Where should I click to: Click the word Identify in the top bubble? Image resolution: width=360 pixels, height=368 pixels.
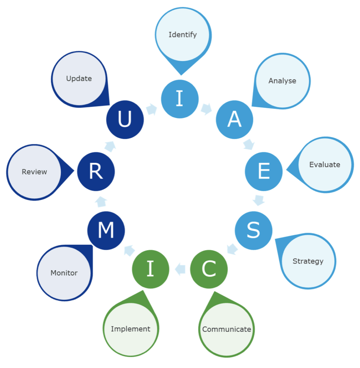click(x=183, y=35)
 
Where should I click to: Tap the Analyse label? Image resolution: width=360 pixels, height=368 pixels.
click(x=282, y=81)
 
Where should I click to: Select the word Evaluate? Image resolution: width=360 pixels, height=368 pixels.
click(x=324, y=165)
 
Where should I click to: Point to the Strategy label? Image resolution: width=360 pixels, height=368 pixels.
click(x=308, y=261)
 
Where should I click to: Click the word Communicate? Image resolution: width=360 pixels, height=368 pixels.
click(x=226, y=329)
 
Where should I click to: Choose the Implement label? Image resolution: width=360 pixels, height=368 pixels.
click(x=131, y=329)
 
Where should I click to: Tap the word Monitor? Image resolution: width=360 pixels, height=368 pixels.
click(x=64, y=273)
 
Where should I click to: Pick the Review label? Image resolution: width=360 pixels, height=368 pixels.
click(x=34, y=172)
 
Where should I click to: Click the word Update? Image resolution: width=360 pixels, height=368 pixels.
click(x=79, y=78)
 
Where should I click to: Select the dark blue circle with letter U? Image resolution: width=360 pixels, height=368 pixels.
click(x=125, y=120)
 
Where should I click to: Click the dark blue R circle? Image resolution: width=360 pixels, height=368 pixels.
click(x=96, y=171)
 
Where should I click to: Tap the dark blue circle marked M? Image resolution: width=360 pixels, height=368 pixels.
click(x=106, y=230)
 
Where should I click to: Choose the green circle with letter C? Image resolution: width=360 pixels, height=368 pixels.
click(x=209, y=269)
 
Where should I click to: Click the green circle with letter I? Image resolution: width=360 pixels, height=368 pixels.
click(x=150, y=269)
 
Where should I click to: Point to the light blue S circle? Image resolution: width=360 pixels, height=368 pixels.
click(x=253, y=230)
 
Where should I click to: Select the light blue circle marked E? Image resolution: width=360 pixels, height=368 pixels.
click(x=263, y=171)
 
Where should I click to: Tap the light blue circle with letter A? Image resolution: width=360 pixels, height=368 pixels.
click(x=234, y=120)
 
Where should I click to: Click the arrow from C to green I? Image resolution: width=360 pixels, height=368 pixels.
click(x=180, y=268)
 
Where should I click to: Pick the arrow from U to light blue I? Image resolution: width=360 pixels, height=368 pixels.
click(x=152, y=109)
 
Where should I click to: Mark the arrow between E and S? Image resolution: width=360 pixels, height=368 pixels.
click(x=259, y=200)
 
